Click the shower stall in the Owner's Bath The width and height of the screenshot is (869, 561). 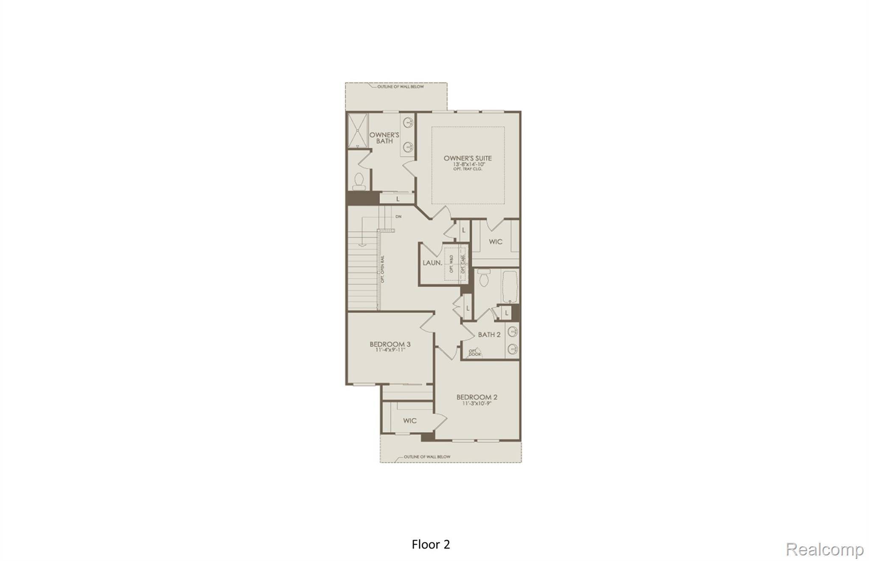358,130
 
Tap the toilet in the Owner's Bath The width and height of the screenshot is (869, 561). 359,181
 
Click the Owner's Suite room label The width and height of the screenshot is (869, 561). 468,158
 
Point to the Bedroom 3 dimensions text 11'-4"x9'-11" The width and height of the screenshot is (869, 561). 390,350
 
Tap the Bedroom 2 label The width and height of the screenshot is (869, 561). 477,397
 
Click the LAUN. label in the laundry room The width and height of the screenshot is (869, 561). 432,263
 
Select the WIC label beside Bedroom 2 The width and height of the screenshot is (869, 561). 409,420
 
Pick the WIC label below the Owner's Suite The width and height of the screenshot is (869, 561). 495,242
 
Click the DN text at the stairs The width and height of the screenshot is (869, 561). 398,217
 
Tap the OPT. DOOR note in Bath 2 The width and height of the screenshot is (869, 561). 475,352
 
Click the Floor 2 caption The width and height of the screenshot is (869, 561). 431,544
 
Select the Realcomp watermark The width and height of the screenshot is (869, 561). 824,549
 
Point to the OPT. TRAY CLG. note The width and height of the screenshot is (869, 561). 467,169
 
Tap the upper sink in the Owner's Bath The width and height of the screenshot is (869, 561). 408,122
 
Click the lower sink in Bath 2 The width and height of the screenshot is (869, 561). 513,349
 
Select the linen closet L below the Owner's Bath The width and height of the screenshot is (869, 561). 398,198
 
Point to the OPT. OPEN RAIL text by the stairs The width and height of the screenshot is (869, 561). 382,269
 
